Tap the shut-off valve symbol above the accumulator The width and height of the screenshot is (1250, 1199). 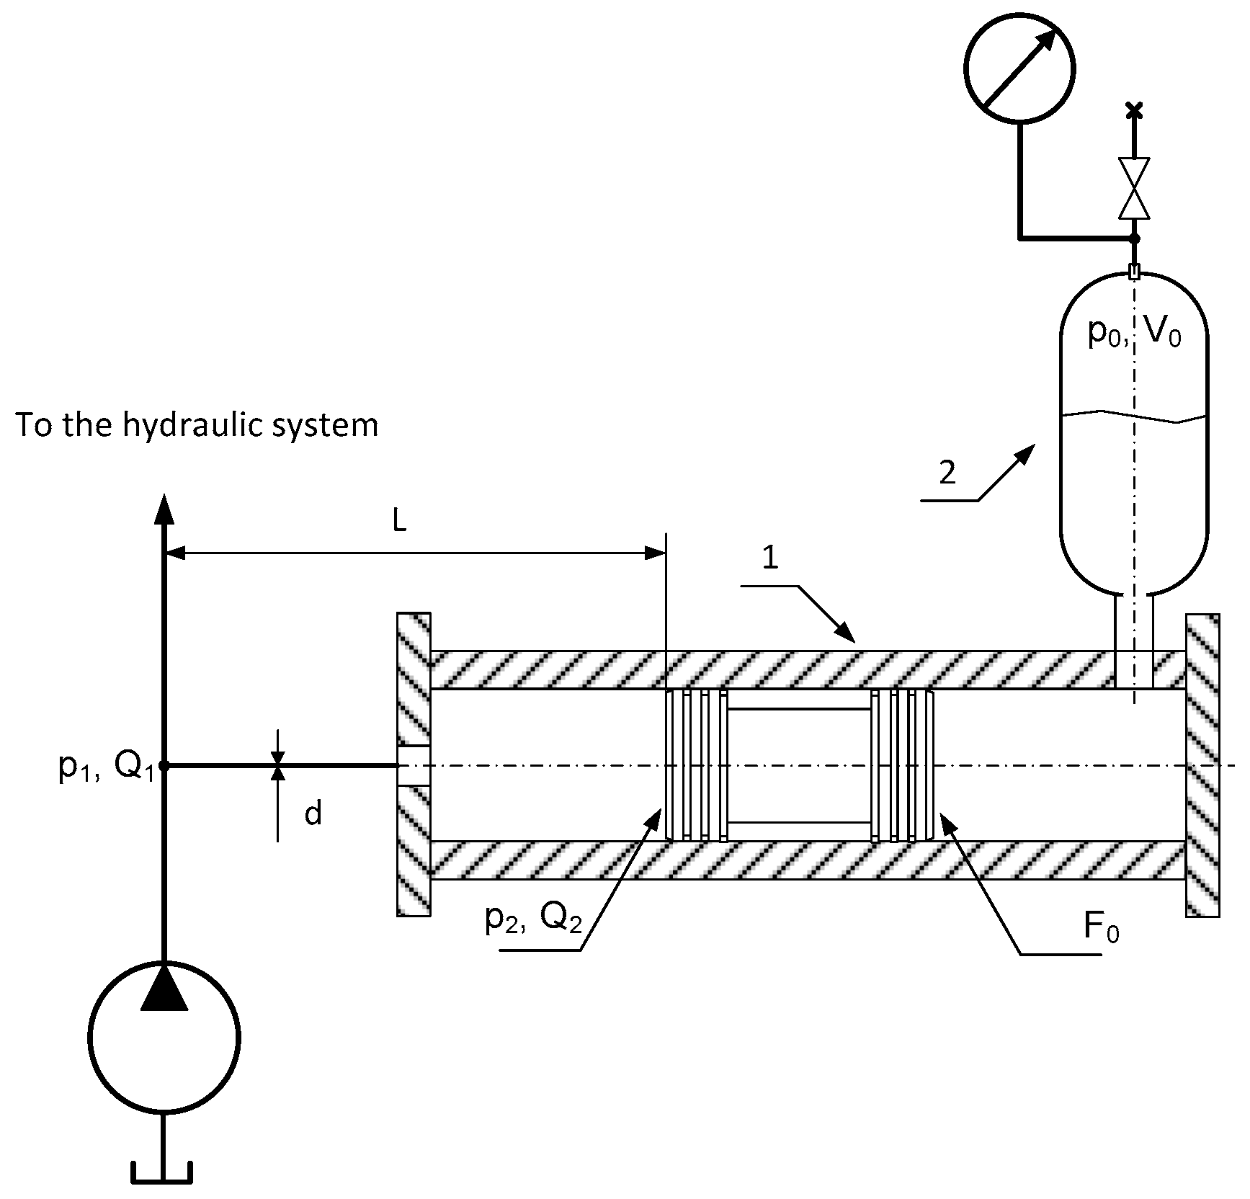[1134, 188]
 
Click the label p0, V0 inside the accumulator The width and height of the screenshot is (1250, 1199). [1134, 334]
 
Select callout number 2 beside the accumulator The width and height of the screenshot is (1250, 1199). [947, 473]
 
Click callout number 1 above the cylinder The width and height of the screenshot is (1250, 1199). [770, 559]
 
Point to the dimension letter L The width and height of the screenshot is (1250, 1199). [400, 522]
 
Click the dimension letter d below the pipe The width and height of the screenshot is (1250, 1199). [313, 814]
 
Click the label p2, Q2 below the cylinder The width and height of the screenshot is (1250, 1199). [533, 919]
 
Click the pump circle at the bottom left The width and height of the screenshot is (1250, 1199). [164, 1038]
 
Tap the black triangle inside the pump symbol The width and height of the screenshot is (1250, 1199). [164, 989]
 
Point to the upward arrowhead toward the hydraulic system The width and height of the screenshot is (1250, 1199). [164, 508]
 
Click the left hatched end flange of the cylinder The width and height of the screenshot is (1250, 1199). [414, 764]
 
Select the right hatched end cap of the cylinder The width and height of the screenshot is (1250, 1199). [1202, 764]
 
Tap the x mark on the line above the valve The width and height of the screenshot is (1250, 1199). [1134, 110]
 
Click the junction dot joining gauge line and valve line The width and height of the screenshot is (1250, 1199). [1134, 238]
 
